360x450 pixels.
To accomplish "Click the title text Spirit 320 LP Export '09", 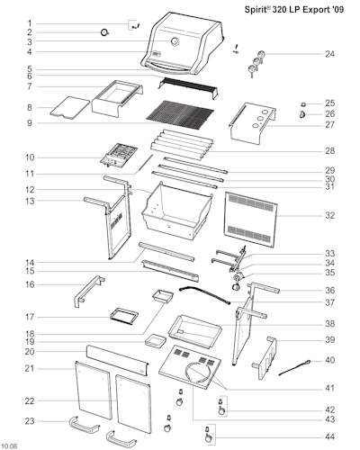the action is coord(294,9).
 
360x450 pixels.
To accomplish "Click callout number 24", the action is coord(329,54).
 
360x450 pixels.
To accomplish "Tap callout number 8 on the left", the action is coord(30,107).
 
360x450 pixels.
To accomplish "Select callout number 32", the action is coord(329,215).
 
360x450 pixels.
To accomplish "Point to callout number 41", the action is coord(329,388).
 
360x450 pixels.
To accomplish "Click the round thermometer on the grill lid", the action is coord(175,41).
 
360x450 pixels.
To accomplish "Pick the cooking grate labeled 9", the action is coord(180,115).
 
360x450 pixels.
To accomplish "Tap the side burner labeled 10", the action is coord(119,155).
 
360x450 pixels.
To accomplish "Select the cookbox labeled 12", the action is coord(177,211).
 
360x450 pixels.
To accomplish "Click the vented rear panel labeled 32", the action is coord(250,220).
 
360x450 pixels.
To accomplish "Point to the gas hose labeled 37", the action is coord(204,294).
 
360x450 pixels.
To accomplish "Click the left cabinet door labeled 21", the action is coord(93,390).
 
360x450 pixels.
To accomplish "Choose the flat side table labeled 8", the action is coord(69,107).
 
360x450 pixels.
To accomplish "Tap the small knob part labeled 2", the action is coord(104,32).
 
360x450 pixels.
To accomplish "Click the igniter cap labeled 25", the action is coord(303,104).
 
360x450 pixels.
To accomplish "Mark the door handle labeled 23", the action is coord(85,425).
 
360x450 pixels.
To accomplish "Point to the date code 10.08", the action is coord(9,446).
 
